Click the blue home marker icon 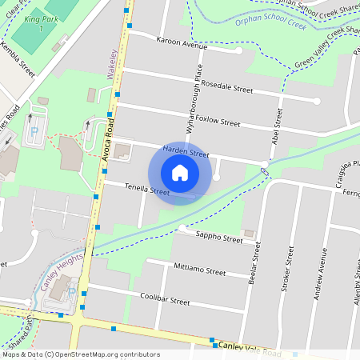pos(180,173)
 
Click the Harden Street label pos(186,151)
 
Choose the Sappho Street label pos(221,238)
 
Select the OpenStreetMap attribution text pos(81,354)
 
